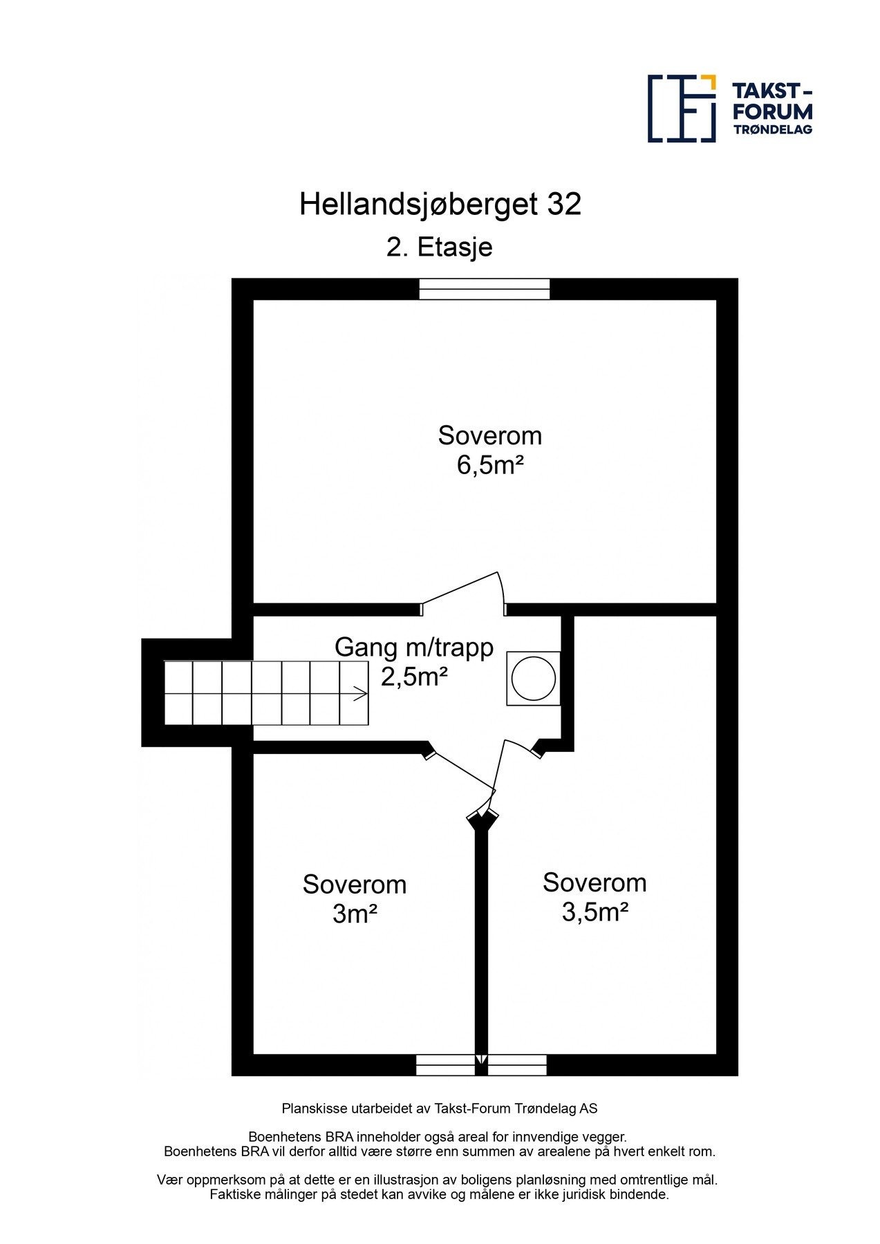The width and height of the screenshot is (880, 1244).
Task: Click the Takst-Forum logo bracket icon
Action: pyautogui.click(x=681, y=109)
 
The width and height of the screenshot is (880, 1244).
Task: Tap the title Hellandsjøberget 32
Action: pyautogui.click(x=440, y=205)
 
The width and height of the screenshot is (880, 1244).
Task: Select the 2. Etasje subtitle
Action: pyautogui.click(x=439, y=247)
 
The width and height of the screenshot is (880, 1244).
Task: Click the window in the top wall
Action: pyautogui.click(x=484, y=288)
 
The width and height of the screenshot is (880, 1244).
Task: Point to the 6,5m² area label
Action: pyautogui.click(x=489, y=465)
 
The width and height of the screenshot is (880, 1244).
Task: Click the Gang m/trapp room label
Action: pyautogui.click(x=413, y=648)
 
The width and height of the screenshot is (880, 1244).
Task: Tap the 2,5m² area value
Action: pyautogui.click(x=413, y=677)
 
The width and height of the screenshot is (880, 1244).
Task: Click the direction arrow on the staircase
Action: pyautogui.click(x=359, y=693)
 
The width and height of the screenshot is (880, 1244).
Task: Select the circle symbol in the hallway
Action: pyautogui.click(x=533, y=678)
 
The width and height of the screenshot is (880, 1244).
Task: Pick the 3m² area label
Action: pyautogui.click(x=354, y=914)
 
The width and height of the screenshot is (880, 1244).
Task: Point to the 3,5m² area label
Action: pyautogui.click(x=595, y=912)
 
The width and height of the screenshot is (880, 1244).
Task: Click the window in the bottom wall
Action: pyautogui.click(x=481, y=1065)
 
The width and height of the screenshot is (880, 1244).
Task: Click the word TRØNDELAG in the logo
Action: pyautogui.click(x=772, y=129)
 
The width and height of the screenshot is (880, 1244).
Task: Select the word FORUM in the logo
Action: pyautogui.click(x=772, y=111)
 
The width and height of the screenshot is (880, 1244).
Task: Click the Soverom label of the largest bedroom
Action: pyautogui.click(x=489, y=435)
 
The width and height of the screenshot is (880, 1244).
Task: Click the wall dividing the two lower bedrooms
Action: pyautogui.click(x=481, y=940)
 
